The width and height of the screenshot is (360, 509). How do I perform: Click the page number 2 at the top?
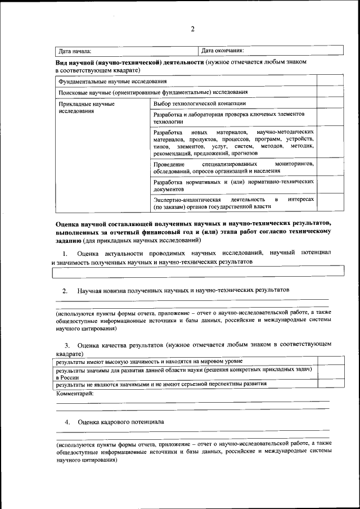tap(192, 29)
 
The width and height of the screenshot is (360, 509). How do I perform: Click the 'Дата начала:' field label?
tap(75, 51)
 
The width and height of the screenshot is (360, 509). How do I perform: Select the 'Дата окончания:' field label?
tap(222, 51)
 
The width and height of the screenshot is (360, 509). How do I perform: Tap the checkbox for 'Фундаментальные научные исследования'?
tap(323, 82)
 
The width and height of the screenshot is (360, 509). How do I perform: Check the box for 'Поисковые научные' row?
tap(323, 92)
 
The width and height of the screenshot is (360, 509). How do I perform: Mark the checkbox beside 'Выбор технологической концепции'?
tap(323, 103)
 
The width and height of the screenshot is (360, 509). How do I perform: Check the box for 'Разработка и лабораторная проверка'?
tap(323, 118)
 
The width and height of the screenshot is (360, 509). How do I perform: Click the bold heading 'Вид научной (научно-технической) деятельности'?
tap(129, 62)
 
